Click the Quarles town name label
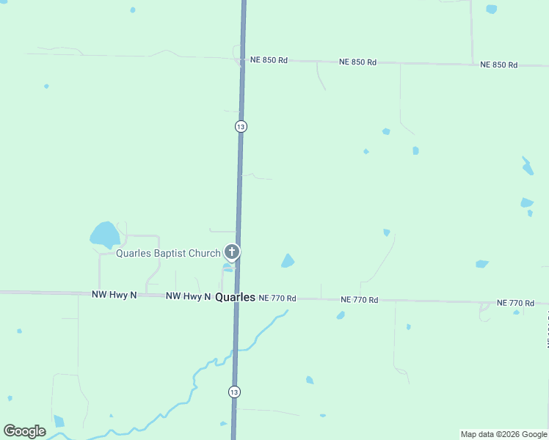(235, 298)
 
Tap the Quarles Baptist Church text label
(168, 254)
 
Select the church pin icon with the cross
(232, 253)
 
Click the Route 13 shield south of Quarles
(233, 392)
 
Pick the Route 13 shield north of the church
(241, 127)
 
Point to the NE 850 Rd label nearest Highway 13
(269, 60)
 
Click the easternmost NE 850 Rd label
(498, 65)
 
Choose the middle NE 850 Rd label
(357, 62)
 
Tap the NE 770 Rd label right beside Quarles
(277, 298)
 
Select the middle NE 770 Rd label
(360, 300)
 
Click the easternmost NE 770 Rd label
(515, 303)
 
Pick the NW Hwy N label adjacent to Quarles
(188, 296)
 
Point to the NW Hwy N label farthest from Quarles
(114, 294)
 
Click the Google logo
(24, 431)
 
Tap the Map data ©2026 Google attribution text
(504, 434)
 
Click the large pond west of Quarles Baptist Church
(104, 235)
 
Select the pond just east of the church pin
(288, 260)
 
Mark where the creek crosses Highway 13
(236, 351)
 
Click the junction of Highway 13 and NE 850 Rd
(242, 59)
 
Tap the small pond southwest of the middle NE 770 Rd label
(341, 315)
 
